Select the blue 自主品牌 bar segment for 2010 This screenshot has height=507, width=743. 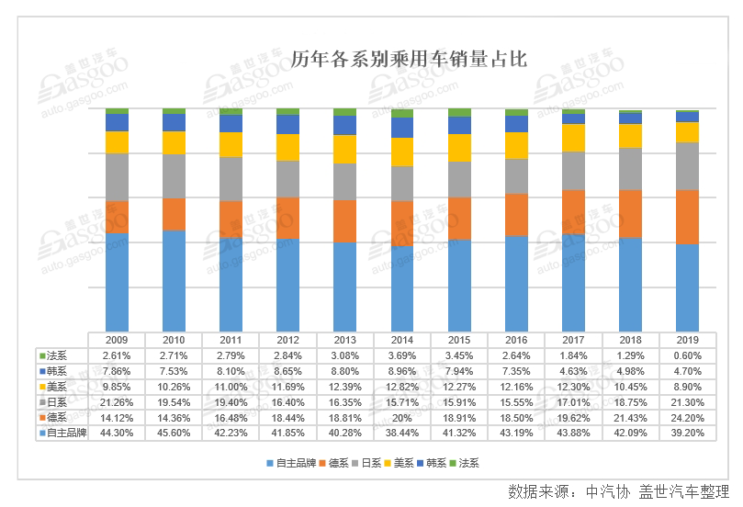coord(174,279)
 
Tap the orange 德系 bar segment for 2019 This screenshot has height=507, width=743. coord(687,217)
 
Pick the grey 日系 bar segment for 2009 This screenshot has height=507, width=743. coord(117,176)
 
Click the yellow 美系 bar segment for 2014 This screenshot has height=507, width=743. coord(402,152)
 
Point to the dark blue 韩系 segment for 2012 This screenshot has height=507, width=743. coord(287,124)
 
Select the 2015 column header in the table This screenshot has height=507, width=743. coord(459,340)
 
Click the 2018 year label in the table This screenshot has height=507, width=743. coord(630,340)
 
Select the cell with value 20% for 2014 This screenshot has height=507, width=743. coord(402,415)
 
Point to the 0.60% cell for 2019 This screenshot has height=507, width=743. coord(687,355)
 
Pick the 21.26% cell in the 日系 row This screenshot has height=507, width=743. coord(117,400)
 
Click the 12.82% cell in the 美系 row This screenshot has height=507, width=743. coord(402,386)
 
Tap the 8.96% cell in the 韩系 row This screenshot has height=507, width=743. coord(402,370)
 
